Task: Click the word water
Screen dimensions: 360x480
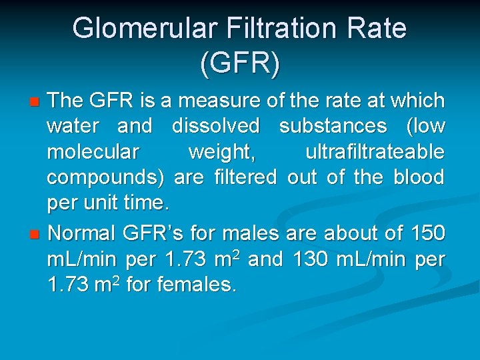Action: tap(72, 126)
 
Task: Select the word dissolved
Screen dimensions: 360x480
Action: tap(215, 126)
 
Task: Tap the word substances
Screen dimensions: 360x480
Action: tap(333, 126)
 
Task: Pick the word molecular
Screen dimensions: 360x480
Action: tap(93, 152)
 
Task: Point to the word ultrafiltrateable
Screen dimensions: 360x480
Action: tap(375, 152)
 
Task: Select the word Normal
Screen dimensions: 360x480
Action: tap(83, 233)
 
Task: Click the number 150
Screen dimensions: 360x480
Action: tap(427, 233)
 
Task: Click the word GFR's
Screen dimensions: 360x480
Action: tap(155, 233)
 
